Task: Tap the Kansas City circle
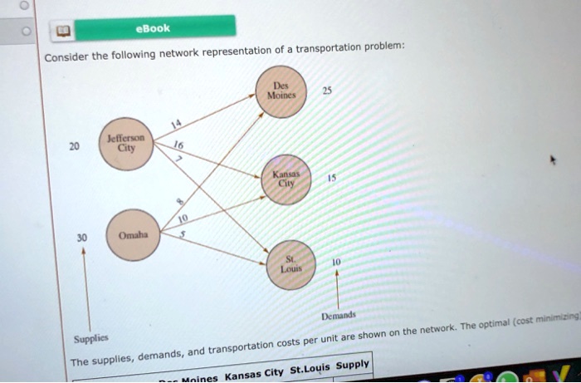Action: tap(286, 181)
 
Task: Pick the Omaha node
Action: tap(132, 234)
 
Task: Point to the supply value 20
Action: tap(74, 146)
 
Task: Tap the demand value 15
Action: tap(332, 178)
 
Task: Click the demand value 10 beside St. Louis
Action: tap(335, 262)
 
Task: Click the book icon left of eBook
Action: tap(61, 32)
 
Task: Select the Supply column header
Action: tap(352, 364)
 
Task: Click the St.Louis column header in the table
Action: tap(310, 368)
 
